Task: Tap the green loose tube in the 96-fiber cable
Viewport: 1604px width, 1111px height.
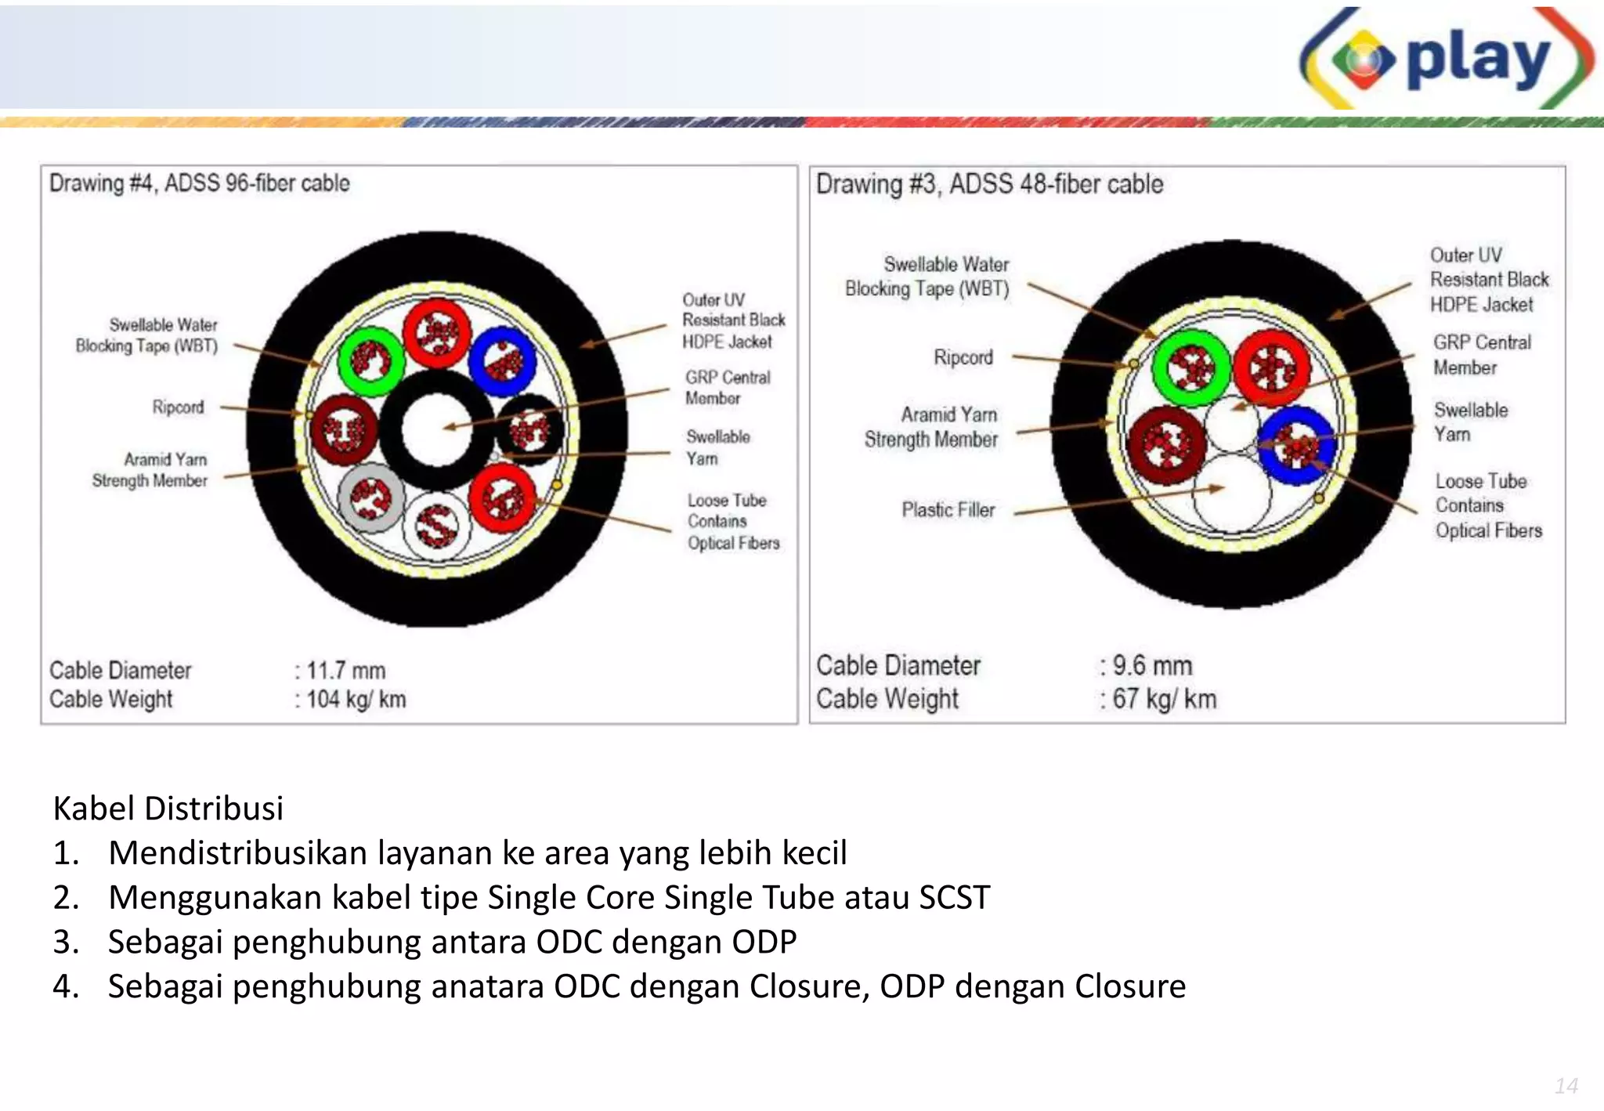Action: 370,361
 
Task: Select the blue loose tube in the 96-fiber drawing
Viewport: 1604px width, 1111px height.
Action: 502,361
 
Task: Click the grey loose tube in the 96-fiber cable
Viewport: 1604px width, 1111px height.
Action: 371,498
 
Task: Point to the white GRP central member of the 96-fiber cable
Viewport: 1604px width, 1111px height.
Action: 436,429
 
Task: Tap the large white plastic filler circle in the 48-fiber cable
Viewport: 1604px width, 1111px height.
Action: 1232,494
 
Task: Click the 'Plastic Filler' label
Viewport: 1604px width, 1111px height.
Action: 948,510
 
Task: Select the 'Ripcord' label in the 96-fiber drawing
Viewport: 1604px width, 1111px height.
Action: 178,407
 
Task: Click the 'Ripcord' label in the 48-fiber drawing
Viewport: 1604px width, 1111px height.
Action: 963,357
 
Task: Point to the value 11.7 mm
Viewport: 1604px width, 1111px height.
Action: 345,671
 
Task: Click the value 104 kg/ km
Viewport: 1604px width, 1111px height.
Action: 356,699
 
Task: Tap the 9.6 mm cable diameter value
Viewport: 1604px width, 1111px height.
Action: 1152,666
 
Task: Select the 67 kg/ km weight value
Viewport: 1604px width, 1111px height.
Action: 1164,699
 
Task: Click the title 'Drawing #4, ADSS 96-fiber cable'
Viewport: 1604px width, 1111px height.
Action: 199,183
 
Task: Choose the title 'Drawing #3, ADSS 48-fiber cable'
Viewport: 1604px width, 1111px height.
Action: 989,184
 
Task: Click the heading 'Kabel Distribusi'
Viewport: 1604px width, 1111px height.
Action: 168,808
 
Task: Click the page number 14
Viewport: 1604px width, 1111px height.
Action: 1566,1086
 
